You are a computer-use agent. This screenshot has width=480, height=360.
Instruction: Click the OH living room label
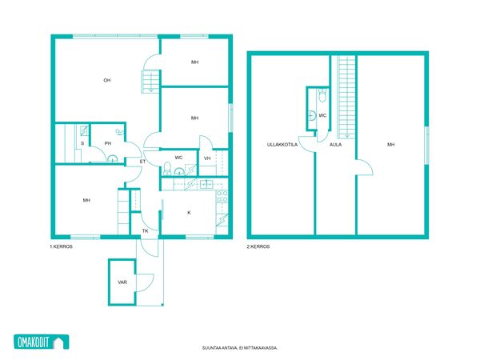tap(107, 80)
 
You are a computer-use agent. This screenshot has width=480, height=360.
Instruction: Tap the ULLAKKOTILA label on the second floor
tap(282, 145)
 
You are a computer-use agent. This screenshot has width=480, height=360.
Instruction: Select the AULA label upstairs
tap(335, 145)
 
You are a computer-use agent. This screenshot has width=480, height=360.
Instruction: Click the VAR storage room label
tap(122, 282)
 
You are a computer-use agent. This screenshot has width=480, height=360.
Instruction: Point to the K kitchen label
tap(189, 213)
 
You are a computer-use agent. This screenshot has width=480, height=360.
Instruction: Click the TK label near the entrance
tap(145, 231)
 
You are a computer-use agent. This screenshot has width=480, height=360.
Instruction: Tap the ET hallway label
tap(142, 162)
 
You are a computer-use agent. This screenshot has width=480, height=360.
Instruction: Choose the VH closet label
tap(207, 158)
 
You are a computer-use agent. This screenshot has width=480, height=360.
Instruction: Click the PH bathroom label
tap(107, 143)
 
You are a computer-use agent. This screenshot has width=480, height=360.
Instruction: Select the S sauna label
tap(82, 143)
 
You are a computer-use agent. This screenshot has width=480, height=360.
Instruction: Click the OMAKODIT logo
tap(42, 342)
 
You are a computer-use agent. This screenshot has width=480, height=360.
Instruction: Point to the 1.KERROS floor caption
tap(62, 246)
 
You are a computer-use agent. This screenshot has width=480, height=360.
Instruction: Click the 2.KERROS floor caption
tap(258, 246)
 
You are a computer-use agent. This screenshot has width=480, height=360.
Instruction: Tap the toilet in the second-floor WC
tap(322, 96)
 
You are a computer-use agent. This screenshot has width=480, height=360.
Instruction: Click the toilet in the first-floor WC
tap(167, 168)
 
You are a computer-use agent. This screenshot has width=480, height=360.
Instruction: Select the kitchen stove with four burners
tap(222, 197)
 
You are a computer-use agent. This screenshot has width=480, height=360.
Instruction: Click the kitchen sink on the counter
tap(206, 184)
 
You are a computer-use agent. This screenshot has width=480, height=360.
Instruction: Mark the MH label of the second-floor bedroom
tap(390, 145)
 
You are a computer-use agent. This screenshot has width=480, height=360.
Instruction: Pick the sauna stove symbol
tap(84, 130)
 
